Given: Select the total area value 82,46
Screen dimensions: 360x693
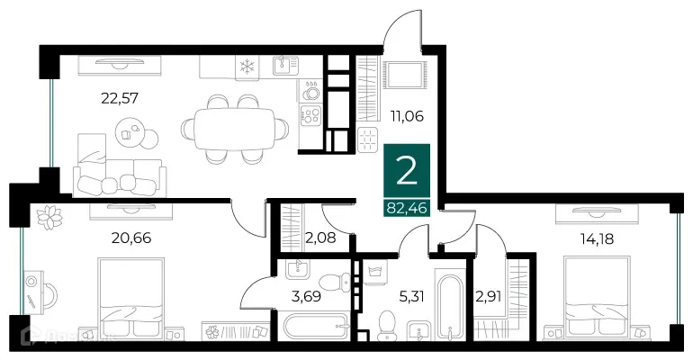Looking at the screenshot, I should coord(407,209).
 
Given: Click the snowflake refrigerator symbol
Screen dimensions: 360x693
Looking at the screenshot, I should coord(247,66).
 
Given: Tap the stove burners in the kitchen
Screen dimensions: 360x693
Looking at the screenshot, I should coord(310,116).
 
